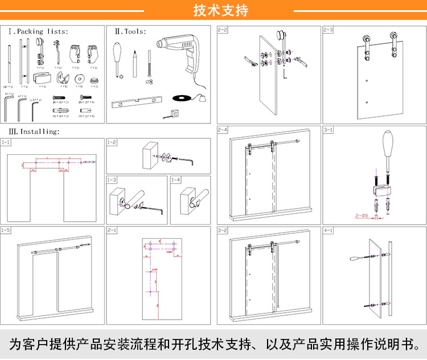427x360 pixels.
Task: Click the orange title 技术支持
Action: (213, 10)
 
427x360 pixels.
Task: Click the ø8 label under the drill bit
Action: (151, 81)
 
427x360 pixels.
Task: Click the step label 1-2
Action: (112, 142)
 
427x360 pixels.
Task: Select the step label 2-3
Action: (329, 29)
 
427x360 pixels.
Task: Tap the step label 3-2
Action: (223, 230)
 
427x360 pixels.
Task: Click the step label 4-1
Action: (329, 230)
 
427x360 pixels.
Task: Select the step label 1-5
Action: (6, 230)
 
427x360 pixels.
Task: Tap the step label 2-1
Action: (112, 230)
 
